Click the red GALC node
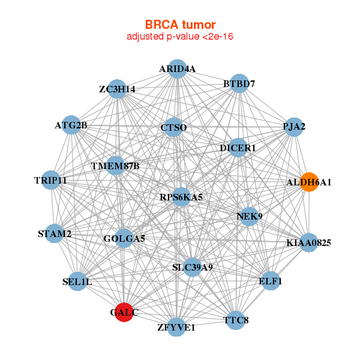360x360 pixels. tap(124, 313)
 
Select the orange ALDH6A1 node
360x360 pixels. tap(309, 182)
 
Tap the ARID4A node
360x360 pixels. tap(177, 69)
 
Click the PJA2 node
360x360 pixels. tap(293, 127)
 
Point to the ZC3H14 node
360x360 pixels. tap(117, 89)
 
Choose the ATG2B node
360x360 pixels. tap(71, 125)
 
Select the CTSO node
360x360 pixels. tap(173, 128)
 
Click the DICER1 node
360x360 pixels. tap(238, 148)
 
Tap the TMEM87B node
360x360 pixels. tap(116, 166)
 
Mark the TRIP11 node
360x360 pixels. tap(50, 180)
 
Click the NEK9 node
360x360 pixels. tap(249, 216)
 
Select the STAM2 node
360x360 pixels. tap(55, 233)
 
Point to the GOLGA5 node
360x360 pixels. tap(124, 239)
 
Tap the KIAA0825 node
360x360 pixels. tap(308, 243)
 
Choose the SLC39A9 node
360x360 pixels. tap(192, 267)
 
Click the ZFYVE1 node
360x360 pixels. tap(176, 327)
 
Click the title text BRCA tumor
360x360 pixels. tap(180, 25)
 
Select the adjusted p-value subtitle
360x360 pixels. tap(180, 37)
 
